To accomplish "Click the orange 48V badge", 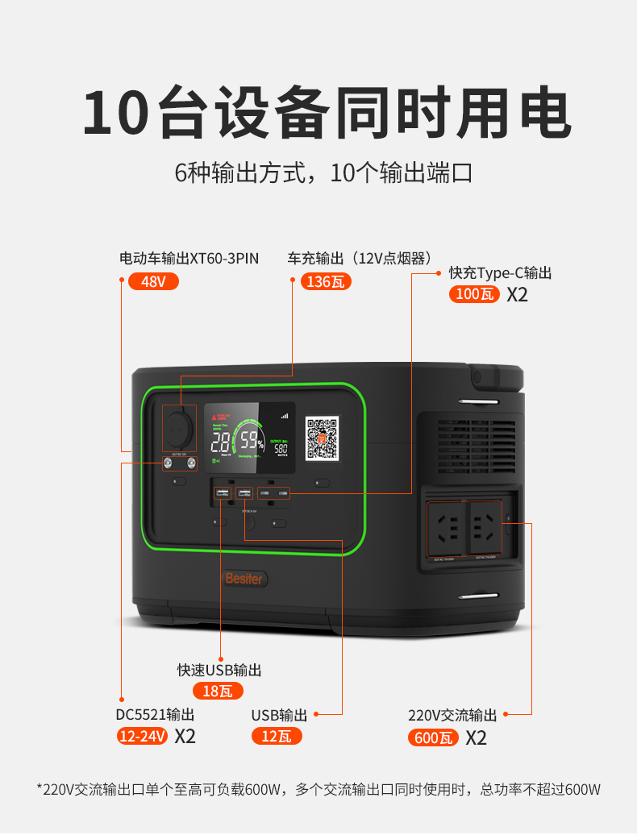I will [x=153, y=282].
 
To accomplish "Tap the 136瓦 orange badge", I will [x=326, y=282].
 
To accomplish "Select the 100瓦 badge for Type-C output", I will [x=474, y=294].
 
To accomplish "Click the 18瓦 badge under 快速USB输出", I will [x=218, y=691].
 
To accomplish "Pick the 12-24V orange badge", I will [x=143, y=736].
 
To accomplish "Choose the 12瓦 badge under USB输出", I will [x=277, y=736].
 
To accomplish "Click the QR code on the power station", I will [x=323, y=438].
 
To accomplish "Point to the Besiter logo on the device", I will [x=244, y=579].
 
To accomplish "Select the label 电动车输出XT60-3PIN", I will [x=189, y=259].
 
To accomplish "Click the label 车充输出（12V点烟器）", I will [x=355, y=259].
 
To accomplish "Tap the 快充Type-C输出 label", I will [x=500, y=273].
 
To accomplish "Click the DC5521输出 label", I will [x=155, y=715].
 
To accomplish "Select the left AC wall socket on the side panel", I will [x=446, y=529].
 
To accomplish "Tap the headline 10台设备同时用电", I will [x=327, y=114].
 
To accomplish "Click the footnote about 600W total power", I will [x=318, y=789].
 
